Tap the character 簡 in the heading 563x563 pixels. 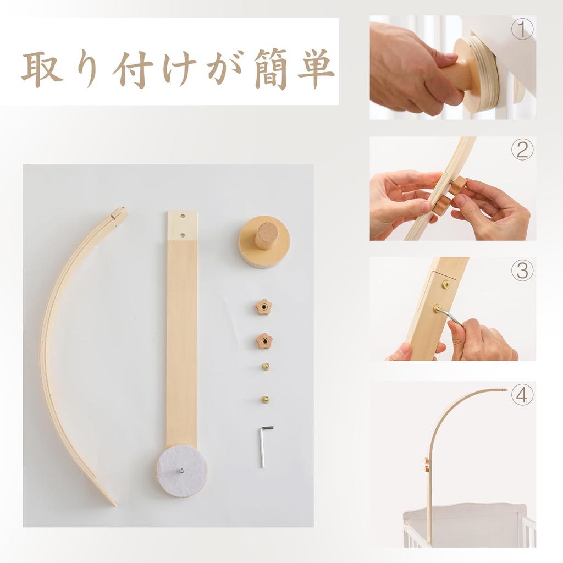click(x=271, y=69)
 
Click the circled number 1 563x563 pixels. click(x=522, y=30)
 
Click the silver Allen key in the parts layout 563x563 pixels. click(x=264, y=446)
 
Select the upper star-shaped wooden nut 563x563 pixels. click(x=263, y=307)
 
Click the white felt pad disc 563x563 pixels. click(x=182, y=471)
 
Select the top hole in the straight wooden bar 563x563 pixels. click(x=183, y=217)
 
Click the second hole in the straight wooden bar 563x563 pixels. click(x=183, y=235)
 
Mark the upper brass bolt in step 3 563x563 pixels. click(x=445, y=284)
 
